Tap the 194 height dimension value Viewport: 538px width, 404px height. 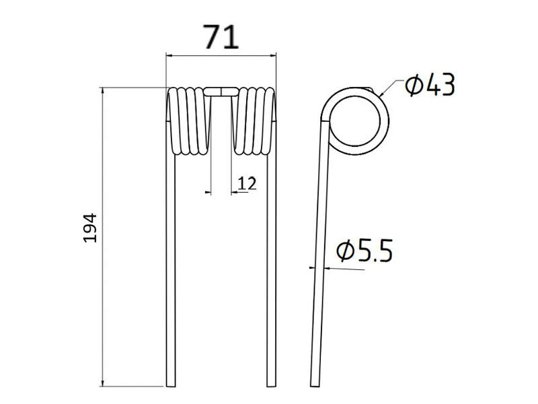click(x=91, y=228)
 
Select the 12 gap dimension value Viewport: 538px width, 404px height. click(x=247, y=182)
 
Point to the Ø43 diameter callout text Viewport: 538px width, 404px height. click(x=430, y=86)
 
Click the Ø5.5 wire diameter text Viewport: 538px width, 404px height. click(x=364, y=252)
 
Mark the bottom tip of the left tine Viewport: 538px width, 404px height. click(x=170, y=386)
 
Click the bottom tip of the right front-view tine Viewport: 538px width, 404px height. click(x=271, y=386)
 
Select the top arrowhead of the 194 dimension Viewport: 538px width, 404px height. click(x=103, y=90)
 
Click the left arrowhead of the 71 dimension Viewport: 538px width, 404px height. click(x=169, y=57)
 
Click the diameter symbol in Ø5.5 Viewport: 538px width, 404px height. click(x=345, y=252)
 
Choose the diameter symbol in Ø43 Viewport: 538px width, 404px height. click(x=414, y=86)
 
